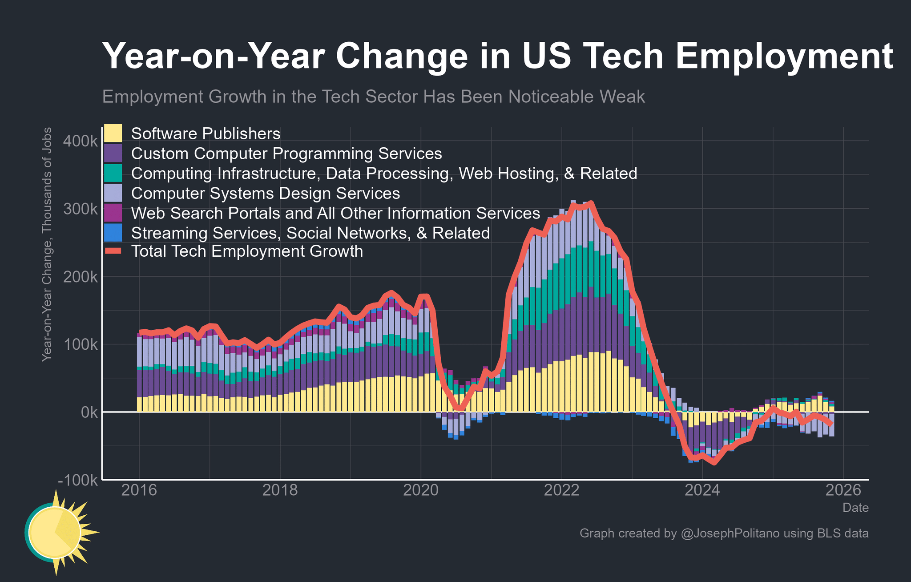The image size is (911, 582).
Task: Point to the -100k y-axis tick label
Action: click(x=78, y=480)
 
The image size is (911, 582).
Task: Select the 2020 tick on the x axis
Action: click(x=420, y=490)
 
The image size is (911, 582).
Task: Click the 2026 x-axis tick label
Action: click(x=843, y=490)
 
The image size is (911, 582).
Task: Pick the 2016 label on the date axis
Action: click(x=138, y=490)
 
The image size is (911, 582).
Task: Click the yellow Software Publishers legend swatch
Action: click(x=113, y=133)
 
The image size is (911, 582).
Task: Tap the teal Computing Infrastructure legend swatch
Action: click(x=113, y=173)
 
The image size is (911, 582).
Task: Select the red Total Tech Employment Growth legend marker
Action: click(x=113, y=252)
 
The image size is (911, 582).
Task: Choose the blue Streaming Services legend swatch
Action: click(x=113, y=233)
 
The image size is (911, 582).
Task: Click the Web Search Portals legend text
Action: click(x=335, y=213)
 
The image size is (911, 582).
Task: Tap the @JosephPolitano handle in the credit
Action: click(x=730, y=533)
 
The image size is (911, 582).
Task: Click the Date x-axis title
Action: click(x=855, y=508)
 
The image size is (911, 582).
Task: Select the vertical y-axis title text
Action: click(x=47, y=244)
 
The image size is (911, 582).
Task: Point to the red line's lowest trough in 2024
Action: click(x=714, y=463)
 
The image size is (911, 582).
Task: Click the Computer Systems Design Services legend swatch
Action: click(x=113, y=193)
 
